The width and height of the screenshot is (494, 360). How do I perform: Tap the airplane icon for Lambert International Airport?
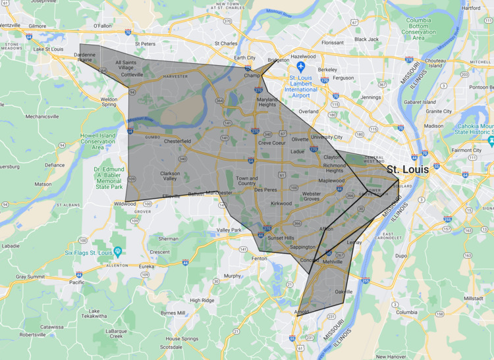301,66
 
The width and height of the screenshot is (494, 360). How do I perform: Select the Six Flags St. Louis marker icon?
118,251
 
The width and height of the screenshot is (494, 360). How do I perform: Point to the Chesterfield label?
177,141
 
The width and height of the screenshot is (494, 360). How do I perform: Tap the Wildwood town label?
124,204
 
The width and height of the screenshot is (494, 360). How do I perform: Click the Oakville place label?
340,291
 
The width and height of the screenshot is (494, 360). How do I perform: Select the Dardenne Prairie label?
85,57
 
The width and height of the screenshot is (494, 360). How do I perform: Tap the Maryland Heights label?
267,102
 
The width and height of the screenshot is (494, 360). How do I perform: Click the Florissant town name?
332,42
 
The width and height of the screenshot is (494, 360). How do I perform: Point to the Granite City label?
438,111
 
